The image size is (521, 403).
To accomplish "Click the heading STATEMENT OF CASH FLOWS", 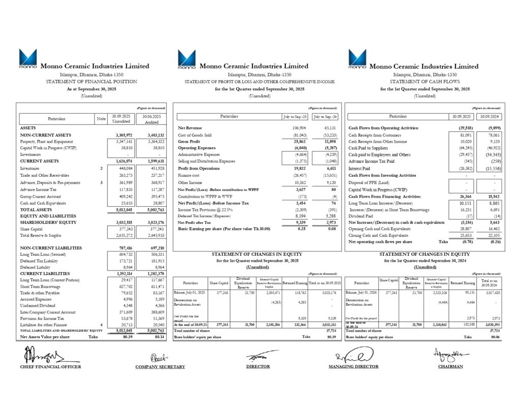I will coord(425,82).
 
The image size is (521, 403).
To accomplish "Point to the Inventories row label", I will coord(31,168).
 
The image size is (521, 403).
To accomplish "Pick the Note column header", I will coord(101,118).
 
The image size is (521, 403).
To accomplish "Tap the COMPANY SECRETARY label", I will coord(160,366).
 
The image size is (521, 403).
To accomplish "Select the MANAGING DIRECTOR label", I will coord(354,366).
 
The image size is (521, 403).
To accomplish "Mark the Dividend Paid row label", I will coord(363,216).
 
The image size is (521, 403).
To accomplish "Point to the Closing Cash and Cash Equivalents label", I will coord(379,235).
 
